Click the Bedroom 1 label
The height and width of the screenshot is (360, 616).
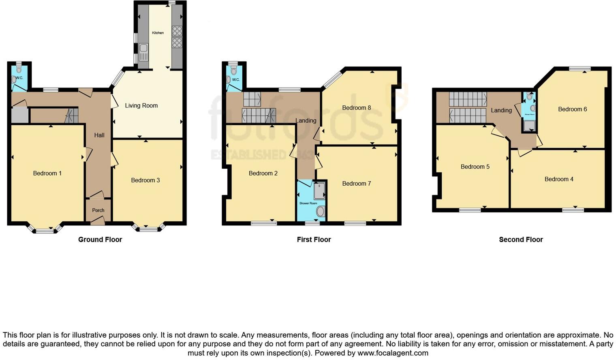coord(47,173)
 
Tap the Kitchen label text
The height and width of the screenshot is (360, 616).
coord(158,33)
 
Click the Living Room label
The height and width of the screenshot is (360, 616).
coord(141,105)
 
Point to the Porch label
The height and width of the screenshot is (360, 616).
coord(98,210)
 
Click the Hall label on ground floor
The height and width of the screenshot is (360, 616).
coord(99,135)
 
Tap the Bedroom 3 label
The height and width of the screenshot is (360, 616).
coord(145,180)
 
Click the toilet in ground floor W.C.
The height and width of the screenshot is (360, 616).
coord(19,70)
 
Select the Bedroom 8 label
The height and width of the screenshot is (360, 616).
coord(356,107)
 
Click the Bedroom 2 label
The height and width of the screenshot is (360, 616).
coord(263,173)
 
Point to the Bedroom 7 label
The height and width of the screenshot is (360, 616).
coord(356,183)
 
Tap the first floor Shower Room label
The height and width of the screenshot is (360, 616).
coord(308,203)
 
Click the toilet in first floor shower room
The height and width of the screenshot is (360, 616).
coord(320,211)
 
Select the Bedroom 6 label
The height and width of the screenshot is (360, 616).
coord(572,109)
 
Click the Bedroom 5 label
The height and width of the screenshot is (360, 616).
coord(475,167)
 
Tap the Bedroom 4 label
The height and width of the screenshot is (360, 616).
coord(559,179)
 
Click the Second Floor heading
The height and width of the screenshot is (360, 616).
coord(521,240)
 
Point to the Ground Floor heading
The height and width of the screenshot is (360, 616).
coord(100,240)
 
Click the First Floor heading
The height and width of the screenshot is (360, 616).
coord(314,240)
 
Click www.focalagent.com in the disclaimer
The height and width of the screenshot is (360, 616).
coord(393,353)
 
